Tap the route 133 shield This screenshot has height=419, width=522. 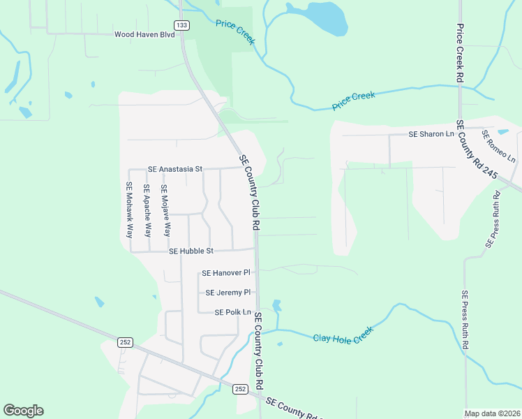181,25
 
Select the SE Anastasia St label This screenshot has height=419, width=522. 174,169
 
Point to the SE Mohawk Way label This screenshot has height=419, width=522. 129,210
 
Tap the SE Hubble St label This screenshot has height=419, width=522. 191,251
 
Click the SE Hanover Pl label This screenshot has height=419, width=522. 225,274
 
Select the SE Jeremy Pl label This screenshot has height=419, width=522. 228,293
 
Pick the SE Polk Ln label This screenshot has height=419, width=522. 232,312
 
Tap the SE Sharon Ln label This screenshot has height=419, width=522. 431,134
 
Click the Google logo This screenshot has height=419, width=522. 23,411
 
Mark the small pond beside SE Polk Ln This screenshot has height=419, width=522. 277,305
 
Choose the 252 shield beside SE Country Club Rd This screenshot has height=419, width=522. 240,389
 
